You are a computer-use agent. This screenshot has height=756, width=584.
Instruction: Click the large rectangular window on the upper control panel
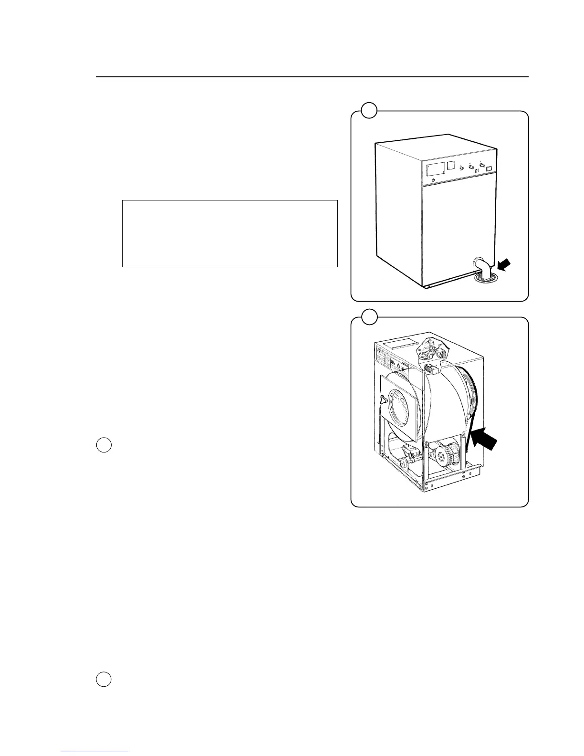(434, 168)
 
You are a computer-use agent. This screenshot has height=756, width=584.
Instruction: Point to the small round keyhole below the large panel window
(432, 180)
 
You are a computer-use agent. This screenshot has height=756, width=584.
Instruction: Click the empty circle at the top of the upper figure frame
(368, 111)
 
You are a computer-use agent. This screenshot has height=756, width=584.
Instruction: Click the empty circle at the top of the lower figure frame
(368, 316)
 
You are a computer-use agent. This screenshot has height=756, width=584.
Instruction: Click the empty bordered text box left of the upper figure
(230, 233)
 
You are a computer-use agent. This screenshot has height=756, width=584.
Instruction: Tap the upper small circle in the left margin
(104, 445)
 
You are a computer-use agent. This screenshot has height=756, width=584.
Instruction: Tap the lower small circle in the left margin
(104, 679)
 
